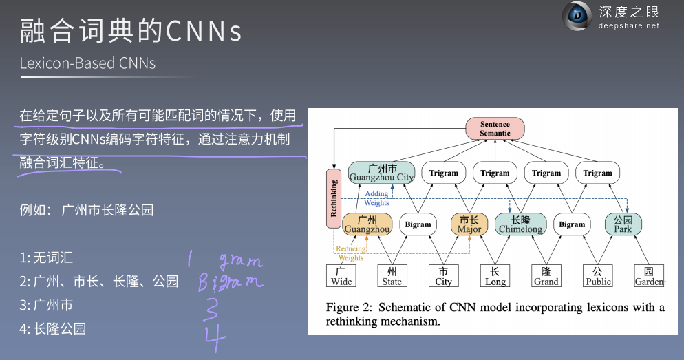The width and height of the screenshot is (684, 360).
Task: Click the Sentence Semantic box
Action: (495, 128)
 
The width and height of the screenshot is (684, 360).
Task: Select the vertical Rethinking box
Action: (334, 198)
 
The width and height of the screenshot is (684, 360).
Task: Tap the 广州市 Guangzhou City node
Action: (381, 173)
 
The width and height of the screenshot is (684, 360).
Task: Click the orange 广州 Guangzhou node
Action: (367, 224)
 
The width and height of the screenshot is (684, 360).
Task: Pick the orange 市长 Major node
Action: (469, 224)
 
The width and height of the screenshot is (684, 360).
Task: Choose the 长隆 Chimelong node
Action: (520, 224)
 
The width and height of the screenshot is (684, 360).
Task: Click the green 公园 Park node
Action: (623, 224)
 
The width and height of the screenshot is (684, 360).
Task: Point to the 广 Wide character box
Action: (341, 276)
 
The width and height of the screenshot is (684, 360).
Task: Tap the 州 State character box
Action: (392, 276)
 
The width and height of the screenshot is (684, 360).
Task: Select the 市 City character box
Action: (444, 276)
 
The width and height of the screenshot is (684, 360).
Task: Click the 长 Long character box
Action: (495, 276)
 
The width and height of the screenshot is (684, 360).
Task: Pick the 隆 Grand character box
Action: (546, 276)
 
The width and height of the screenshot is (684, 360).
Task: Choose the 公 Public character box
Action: (598, 276)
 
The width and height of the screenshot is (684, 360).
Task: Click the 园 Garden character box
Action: (649, 276)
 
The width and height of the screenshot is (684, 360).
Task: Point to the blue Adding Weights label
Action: (376, 198)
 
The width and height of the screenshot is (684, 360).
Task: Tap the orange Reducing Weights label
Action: (350, 253)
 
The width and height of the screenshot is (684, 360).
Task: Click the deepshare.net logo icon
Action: (577, 17)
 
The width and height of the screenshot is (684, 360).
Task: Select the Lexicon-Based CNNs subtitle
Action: (87, 63)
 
